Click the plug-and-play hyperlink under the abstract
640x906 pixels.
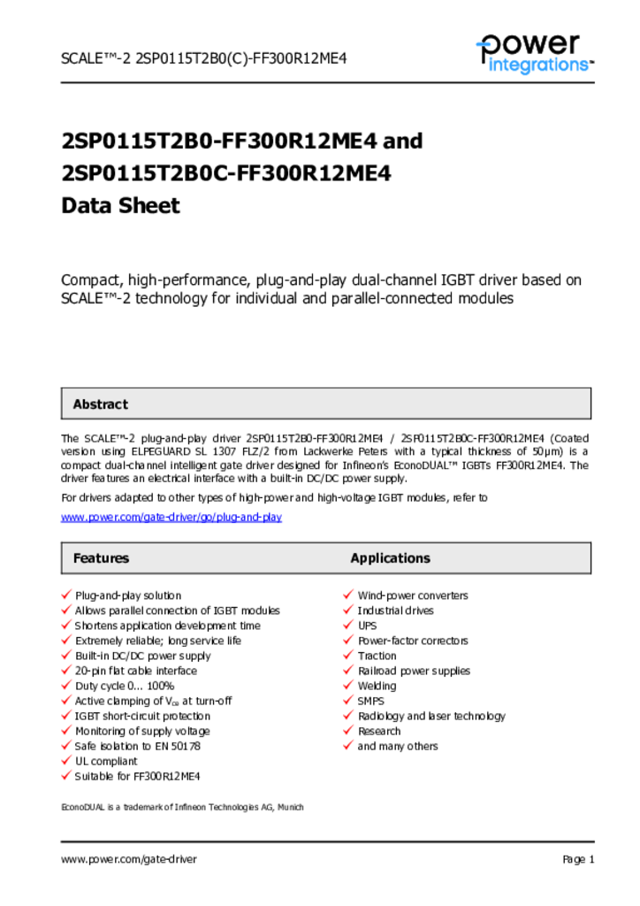pos(171,517)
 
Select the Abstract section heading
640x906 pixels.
pos(100,404)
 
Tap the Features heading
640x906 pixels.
pos(101,558)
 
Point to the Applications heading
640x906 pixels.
pos(390,558)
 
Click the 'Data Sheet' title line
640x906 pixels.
pos(120,206)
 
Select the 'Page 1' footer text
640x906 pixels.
pos(578,859)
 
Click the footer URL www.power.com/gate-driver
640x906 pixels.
pos(129,859)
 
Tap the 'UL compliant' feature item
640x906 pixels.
pos(106,761)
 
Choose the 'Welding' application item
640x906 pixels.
pos(377,686)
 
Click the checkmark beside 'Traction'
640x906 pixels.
pos(348,656)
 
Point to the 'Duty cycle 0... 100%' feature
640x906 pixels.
pos(125,686)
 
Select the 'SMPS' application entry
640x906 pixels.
pos(372,701)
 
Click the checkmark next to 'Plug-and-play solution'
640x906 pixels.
pos(66,595)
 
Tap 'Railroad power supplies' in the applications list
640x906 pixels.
pos(414,671)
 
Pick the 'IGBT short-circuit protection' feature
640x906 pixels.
pos(142,716)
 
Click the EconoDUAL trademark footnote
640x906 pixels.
pos(182,807)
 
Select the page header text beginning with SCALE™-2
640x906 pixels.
pos(203,59)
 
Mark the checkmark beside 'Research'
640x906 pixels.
pos(348,731)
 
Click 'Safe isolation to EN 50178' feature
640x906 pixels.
pos(138,746)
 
